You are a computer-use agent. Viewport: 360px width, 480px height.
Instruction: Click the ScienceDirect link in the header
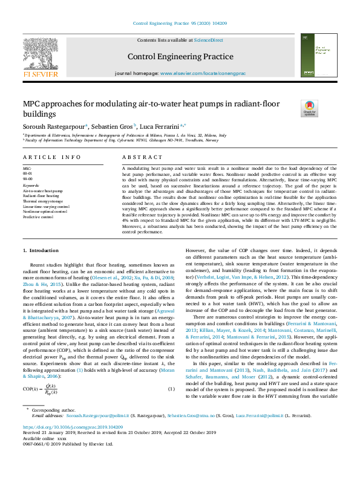[x=208, y=40]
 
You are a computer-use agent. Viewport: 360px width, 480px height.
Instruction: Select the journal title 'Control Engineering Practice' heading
[x=180, y=57]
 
